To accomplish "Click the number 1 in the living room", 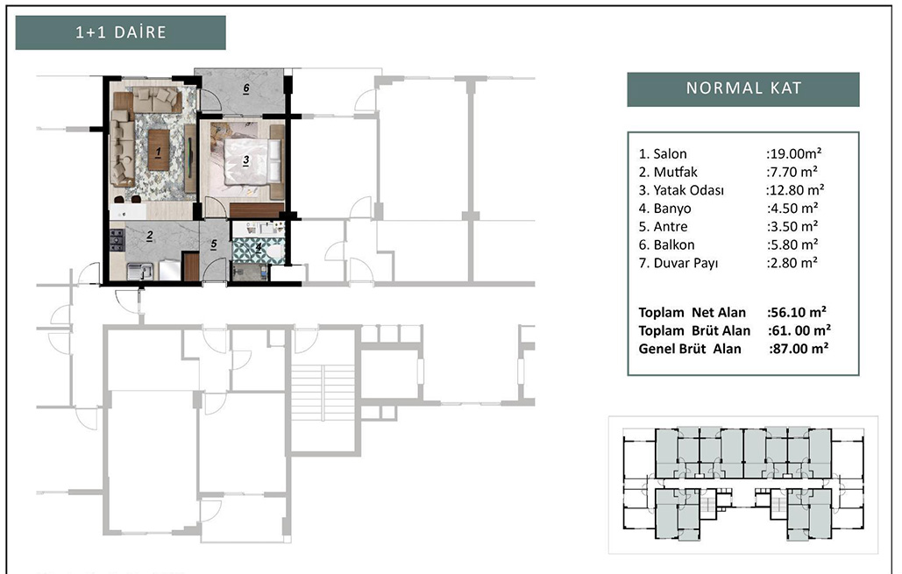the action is click(158, 152).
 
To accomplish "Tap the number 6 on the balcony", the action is click(245, 89).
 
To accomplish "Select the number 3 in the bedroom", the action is click(245, 160).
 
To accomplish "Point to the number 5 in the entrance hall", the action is click(213, 244).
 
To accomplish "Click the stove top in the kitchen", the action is click(117, 240).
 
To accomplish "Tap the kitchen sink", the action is click(139, 271).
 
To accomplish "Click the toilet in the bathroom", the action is click(275, 251).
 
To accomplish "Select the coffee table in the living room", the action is click(158, 150).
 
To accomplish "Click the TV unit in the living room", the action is click(189, 159).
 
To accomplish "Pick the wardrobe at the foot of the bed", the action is click(257, 210).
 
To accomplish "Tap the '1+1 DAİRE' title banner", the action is click(121, 32).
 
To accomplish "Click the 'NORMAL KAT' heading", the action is click(743, 89).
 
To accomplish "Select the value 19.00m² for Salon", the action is click(794, 153).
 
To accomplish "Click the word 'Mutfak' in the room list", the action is click(675, 172).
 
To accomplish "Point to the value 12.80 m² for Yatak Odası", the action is click(795, 190).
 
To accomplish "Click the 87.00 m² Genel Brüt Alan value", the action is click(799, 349).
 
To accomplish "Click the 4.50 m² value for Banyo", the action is click(792, 209).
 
